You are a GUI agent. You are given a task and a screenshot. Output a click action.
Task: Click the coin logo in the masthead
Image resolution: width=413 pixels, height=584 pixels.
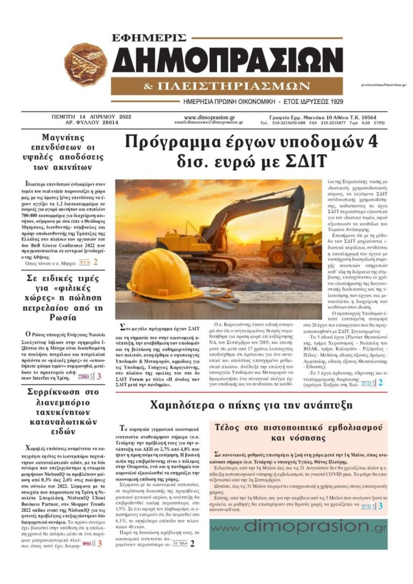coord(86,65)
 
